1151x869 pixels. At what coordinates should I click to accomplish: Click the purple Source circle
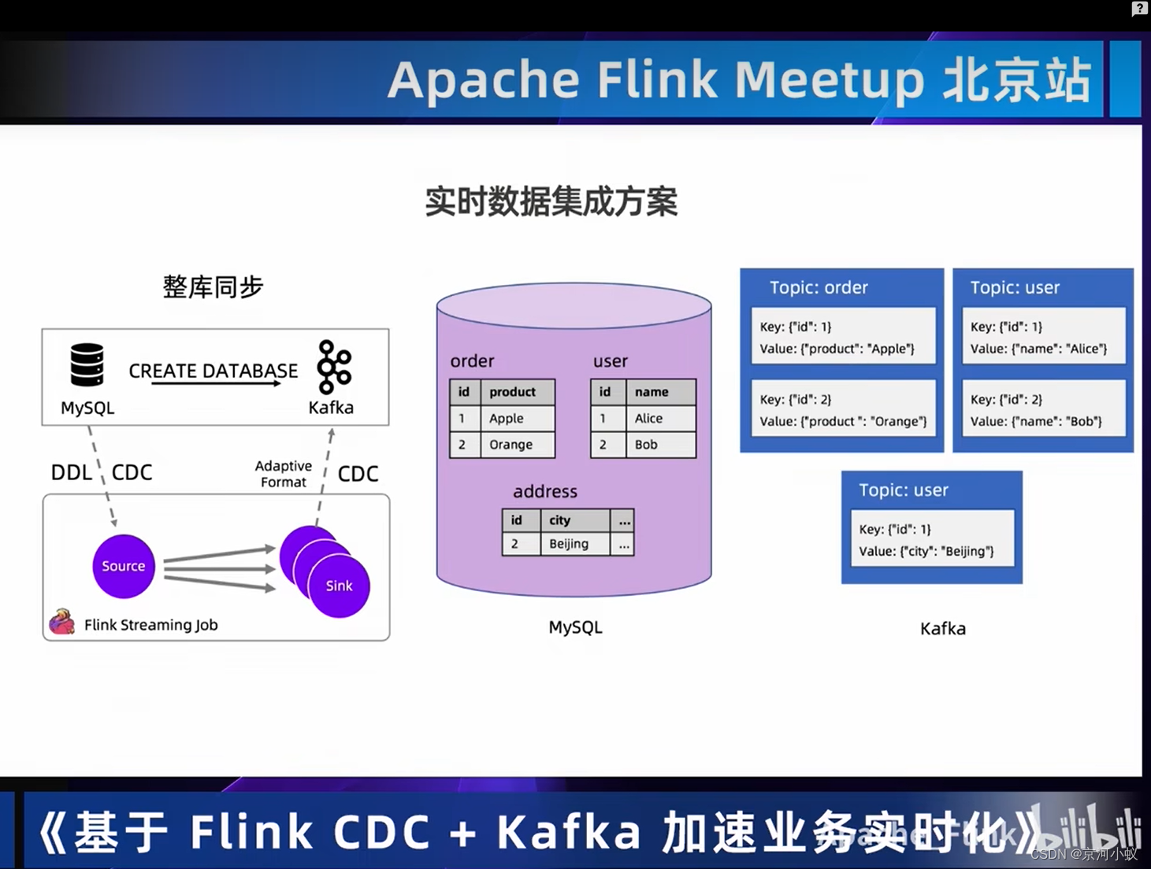[x=123, y=566]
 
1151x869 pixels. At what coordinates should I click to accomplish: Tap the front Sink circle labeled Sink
[x=340, y=586]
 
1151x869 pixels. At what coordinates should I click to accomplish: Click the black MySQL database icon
[x=87, y=365]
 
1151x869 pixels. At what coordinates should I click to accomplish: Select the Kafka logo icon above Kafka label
[x=333, y=367]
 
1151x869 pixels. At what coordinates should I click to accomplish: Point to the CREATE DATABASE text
[x=213, y=371]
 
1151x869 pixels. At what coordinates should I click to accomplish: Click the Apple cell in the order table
[x=517, y=419]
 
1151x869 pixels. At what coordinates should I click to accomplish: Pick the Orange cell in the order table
[x=517, y=445]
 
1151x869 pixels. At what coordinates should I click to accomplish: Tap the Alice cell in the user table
[x=660, y=419]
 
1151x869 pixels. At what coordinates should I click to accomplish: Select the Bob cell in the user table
[x=660, y=445]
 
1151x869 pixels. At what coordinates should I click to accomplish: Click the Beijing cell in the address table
[x=574, y=544]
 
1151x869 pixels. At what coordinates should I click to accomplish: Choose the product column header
[x=517, y=392]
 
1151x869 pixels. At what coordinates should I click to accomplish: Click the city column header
[x=574, y=520]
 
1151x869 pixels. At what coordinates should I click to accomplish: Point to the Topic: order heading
[x=819, y=288]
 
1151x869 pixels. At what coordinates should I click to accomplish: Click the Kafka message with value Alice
[x=1042, y=337]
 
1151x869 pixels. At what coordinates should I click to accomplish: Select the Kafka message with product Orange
[x=842, y=410]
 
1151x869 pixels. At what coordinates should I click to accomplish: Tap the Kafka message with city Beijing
[x=931, y=540]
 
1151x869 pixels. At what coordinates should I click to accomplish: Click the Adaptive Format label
[x=284, y=474]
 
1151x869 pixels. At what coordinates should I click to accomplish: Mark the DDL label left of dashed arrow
[x=71, y=472]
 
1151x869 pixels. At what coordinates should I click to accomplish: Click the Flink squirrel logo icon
[x=61, y=622]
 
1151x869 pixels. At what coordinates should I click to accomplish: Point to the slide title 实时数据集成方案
[x=551, y=202]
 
